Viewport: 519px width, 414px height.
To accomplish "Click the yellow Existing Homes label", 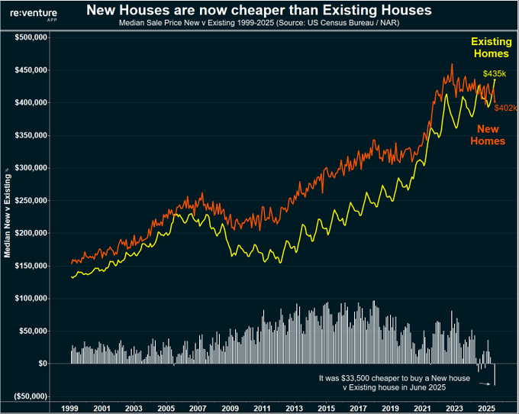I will (x=491, y=47).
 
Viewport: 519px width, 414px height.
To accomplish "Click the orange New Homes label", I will (x=487, y=135).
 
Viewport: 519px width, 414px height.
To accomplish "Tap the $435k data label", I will (x=494, y=73).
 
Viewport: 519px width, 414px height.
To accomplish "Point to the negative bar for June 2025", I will (x=495, y=374).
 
